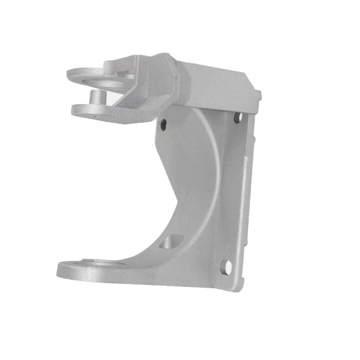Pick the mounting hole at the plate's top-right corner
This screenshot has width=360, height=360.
[x=237, y=118]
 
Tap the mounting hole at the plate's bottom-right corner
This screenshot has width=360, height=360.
[x=227, y=267]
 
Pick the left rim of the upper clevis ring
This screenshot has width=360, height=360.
[x=70, y=72]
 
